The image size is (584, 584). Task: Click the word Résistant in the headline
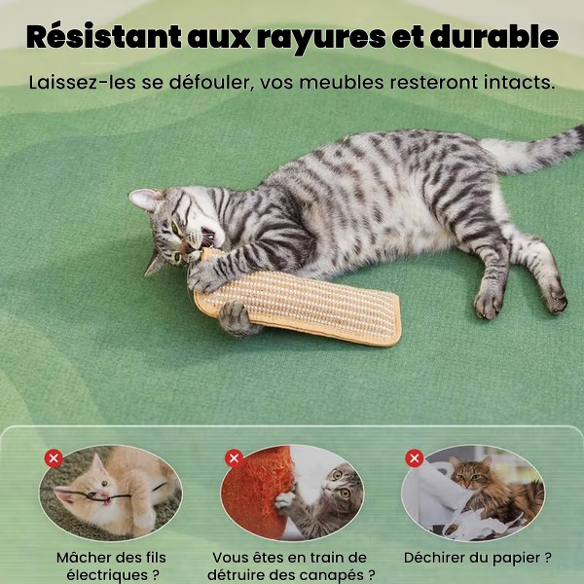pos(104,37)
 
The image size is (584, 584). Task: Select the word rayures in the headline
pos(321,39)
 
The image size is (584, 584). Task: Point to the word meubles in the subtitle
pos(342,83)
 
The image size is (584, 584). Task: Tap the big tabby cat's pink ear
pos(144,199)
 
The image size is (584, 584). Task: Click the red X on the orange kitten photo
pos(54,458)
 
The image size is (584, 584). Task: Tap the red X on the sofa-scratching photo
pos(234,458)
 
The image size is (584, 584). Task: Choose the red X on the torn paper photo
pos(415,458)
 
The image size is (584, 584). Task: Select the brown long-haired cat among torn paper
pos(492,492)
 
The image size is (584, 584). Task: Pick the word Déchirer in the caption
pos(434,558)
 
